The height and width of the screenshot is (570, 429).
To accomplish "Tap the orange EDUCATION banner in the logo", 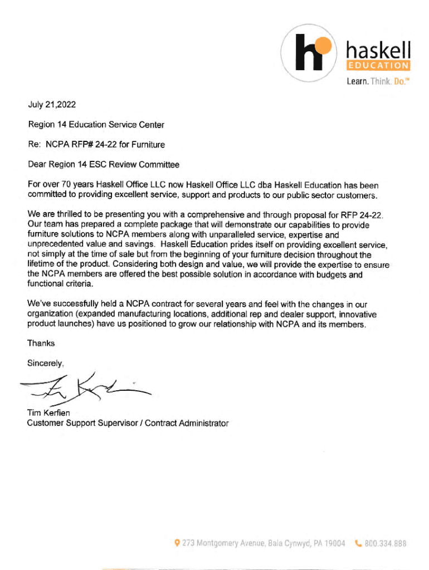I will pyautogui.click(x=378, y=66).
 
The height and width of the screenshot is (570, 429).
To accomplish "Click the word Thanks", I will pyautogui.click(x=41, y=343).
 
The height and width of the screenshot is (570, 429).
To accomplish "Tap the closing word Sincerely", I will pyautogui.click(x=46, y=363).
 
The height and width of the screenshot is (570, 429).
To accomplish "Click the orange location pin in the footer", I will pyautogui.click(x=177, y=543).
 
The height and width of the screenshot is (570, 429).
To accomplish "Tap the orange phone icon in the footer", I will pyautogui.click(x=358, y=543).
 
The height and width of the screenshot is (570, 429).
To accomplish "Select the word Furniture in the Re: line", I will pyautogui.click(x=147, y=145).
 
